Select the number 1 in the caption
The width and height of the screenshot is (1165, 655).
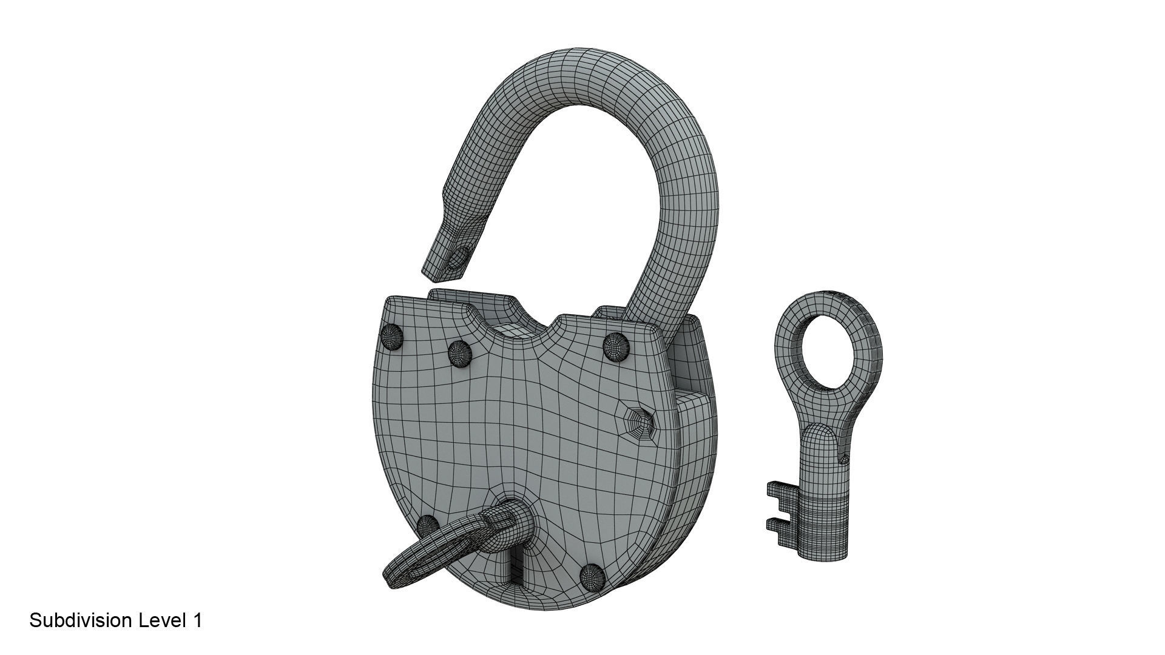point(197,620)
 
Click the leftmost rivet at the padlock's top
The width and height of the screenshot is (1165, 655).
point(392,337)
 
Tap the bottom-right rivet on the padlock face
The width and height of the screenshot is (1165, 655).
point(592,576)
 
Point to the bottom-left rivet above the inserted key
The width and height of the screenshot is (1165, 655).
point(428,525)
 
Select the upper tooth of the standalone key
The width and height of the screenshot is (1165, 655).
point(779,490)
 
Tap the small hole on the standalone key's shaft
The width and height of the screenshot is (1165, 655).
point(844,459)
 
